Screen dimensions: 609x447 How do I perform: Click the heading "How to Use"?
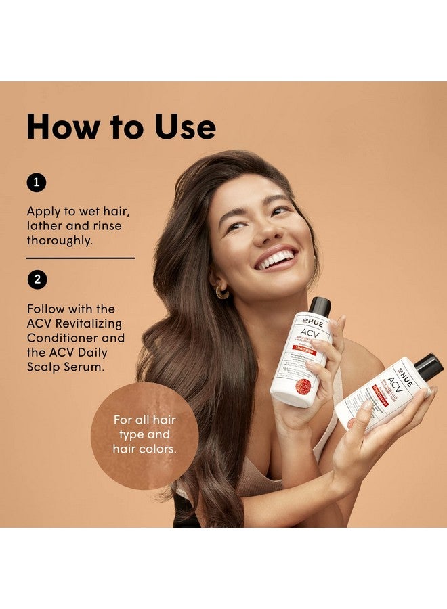(x=121, y=127)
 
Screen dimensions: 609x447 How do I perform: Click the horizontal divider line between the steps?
(x=80, y=258)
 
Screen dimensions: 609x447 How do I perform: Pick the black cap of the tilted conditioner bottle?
(x=428, y=366)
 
